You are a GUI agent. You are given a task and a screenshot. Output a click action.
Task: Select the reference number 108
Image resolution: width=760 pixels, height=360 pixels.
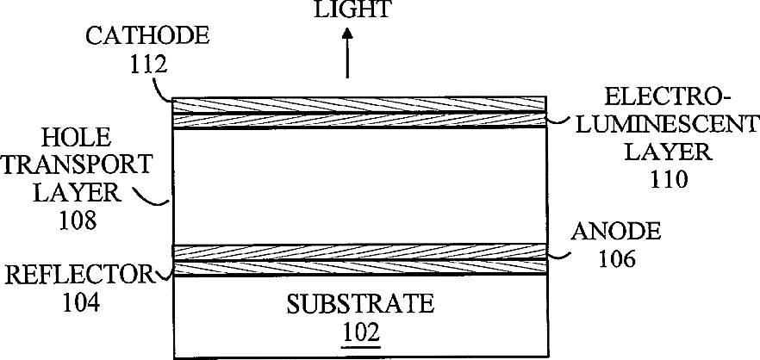[x=77, y=220]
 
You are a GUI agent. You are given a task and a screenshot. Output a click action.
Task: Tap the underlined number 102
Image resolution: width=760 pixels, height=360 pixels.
[x=360, y=331]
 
